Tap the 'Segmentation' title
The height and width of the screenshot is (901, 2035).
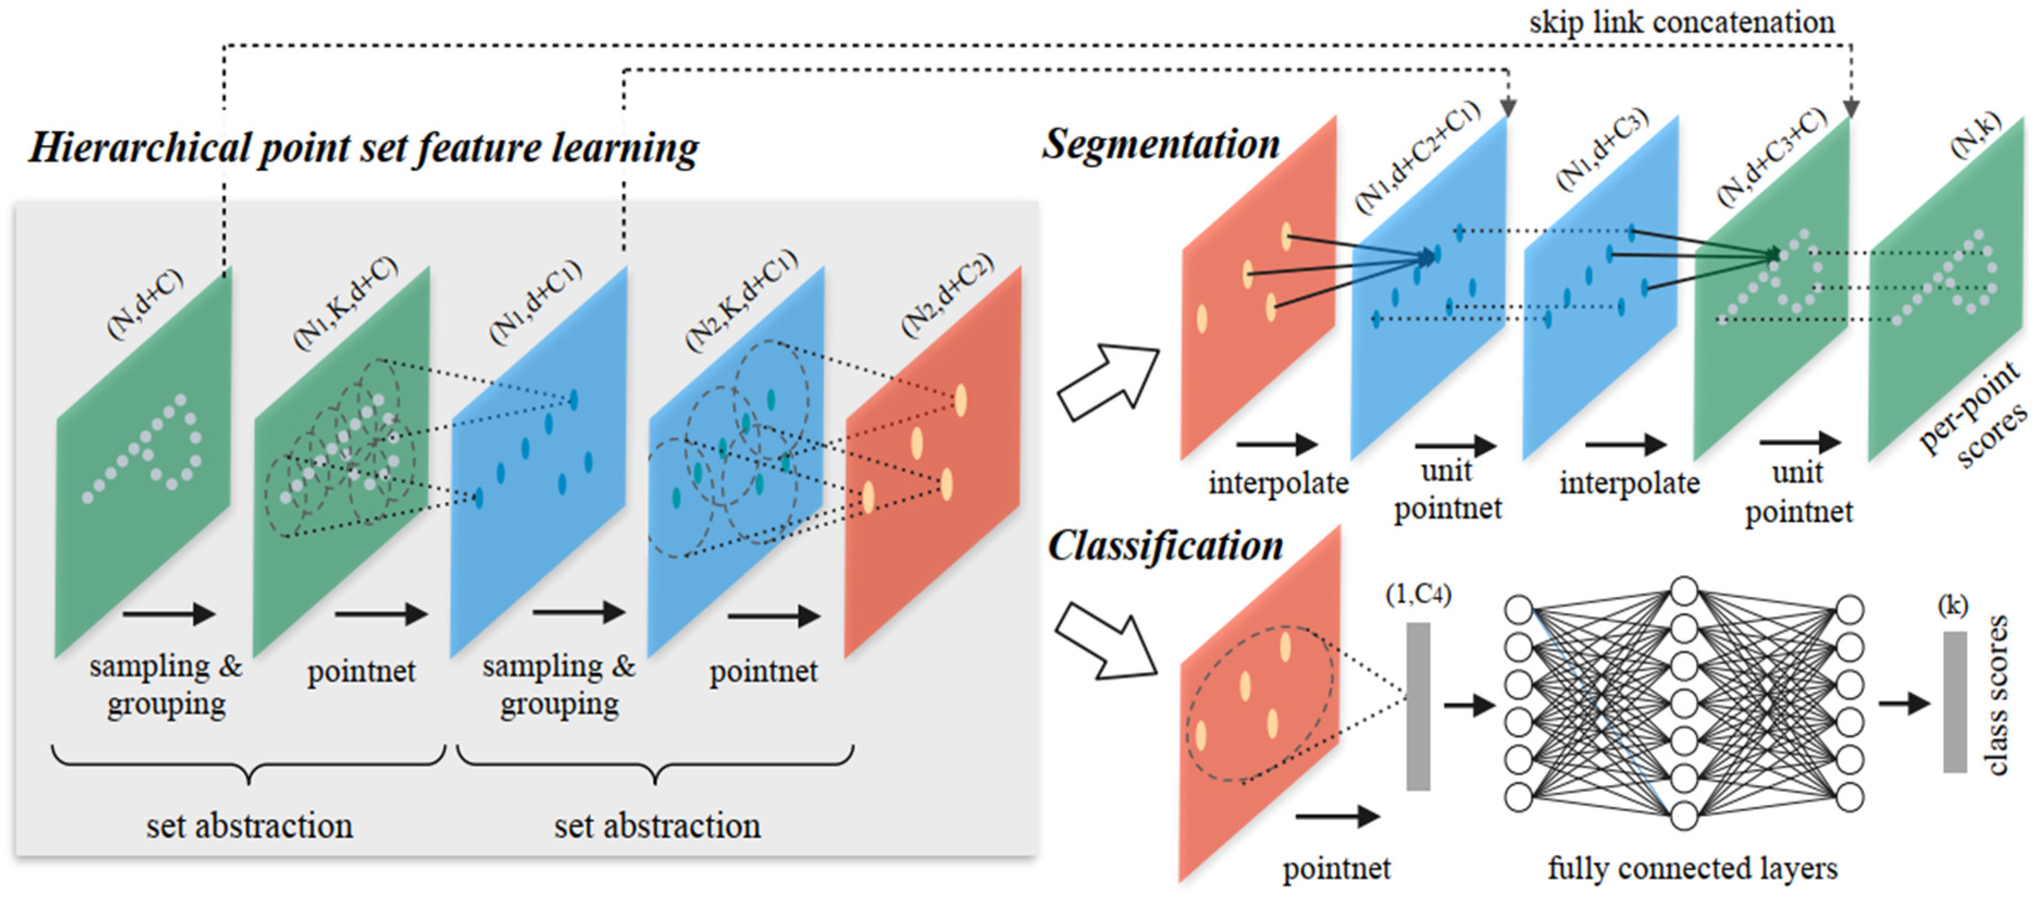(x=1161, y=145)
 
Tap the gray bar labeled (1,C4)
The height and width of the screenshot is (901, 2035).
(x=1418, y=706)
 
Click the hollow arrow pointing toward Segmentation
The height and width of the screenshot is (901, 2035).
(x=1108, y=382)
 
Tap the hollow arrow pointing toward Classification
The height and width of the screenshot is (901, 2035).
(x=1106, y=640)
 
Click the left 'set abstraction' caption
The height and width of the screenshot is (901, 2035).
(x=250, y=826)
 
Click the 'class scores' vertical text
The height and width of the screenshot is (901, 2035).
(x=1996, y=696)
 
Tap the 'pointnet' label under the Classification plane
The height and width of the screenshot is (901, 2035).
(x=1337, y=868)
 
